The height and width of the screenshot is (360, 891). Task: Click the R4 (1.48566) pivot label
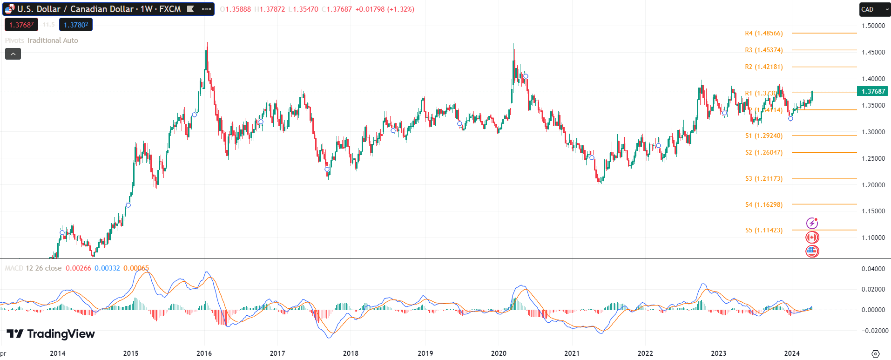tap(763, 33)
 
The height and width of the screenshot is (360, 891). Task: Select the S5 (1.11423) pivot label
tap(763, 230)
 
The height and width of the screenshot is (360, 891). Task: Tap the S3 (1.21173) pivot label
tap(763, 178)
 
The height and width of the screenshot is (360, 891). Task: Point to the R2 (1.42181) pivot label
tap(763, 67)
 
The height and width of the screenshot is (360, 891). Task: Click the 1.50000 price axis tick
tap(873, 26)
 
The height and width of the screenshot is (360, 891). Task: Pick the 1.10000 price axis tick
tap(873, 238)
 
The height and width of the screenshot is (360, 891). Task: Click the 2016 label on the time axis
tap(204, 353)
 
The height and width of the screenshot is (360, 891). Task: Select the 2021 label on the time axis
tap(572, 353)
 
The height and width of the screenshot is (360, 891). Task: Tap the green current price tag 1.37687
tap(873, 91)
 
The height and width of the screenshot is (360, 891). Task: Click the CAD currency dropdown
tap(874, 9)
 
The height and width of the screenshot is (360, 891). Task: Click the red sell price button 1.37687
tap(21, 25)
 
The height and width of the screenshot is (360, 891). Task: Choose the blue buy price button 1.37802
tap(76, 25)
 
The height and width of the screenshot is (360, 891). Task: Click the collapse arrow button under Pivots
tap(13, 54)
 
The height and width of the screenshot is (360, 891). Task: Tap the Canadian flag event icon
tap(812, 238)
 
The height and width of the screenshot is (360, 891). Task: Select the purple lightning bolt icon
tap(812, 224)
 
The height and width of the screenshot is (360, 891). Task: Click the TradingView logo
tap(51, 333)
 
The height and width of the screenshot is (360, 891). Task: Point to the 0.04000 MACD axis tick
tap(873, 269)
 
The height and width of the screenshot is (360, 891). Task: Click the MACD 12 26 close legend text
tap(33, 268)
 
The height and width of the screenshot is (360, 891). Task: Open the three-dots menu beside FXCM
tap(206, 9)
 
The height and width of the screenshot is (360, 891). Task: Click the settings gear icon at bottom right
tap(875, 353)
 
